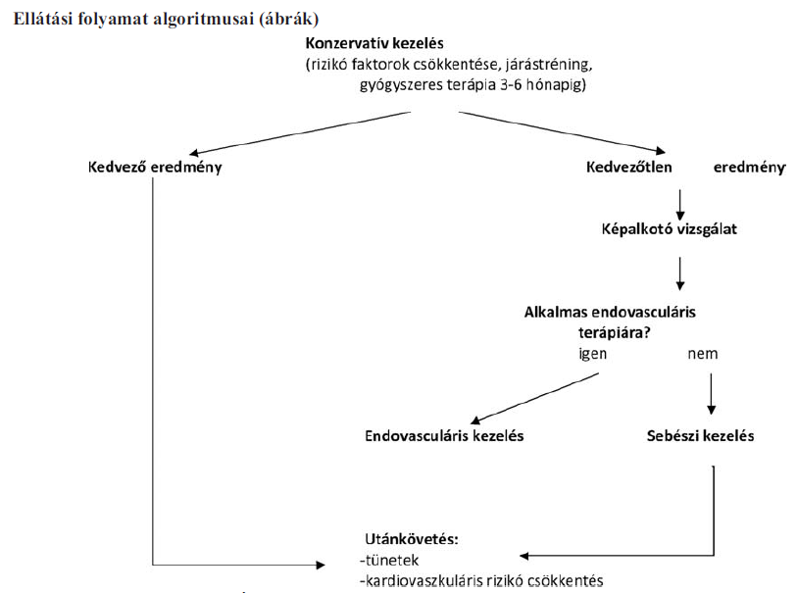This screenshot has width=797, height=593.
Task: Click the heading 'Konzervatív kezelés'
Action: point(374,43)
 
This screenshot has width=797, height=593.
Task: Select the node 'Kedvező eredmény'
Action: point(155,168)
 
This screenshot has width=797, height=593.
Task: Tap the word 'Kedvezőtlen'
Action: point(629,167)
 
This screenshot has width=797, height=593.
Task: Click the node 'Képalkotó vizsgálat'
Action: point(670,229)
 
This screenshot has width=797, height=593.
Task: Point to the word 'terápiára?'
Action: point(615,333)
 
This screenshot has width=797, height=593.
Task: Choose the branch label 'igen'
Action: point(593,354)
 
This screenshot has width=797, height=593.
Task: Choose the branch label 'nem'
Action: point(703,354)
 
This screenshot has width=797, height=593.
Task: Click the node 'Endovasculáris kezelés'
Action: point(444,436)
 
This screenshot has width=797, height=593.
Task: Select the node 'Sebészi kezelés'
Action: point(700,436)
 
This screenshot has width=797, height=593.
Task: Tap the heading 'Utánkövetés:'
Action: point(412,539)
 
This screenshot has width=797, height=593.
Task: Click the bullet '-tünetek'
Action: point(389,560)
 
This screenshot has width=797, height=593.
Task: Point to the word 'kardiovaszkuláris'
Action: point(423,580)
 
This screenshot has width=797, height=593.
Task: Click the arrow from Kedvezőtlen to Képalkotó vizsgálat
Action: point(680,205)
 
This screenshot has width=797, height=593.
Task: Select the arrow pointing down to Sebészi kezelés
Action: point(711,394)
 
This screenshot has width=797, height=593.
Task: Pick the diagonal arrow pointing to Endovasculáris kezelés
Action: point(534,398)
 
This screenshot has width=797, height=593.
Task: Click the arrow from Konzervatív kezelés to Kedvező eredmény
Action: point(299,133)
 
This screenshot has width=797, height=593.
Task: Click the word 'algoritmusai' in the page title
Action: point(203,19)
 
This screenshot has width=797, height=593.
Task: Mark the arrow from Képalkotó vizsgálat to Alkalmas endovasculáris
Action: point(680,273)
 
